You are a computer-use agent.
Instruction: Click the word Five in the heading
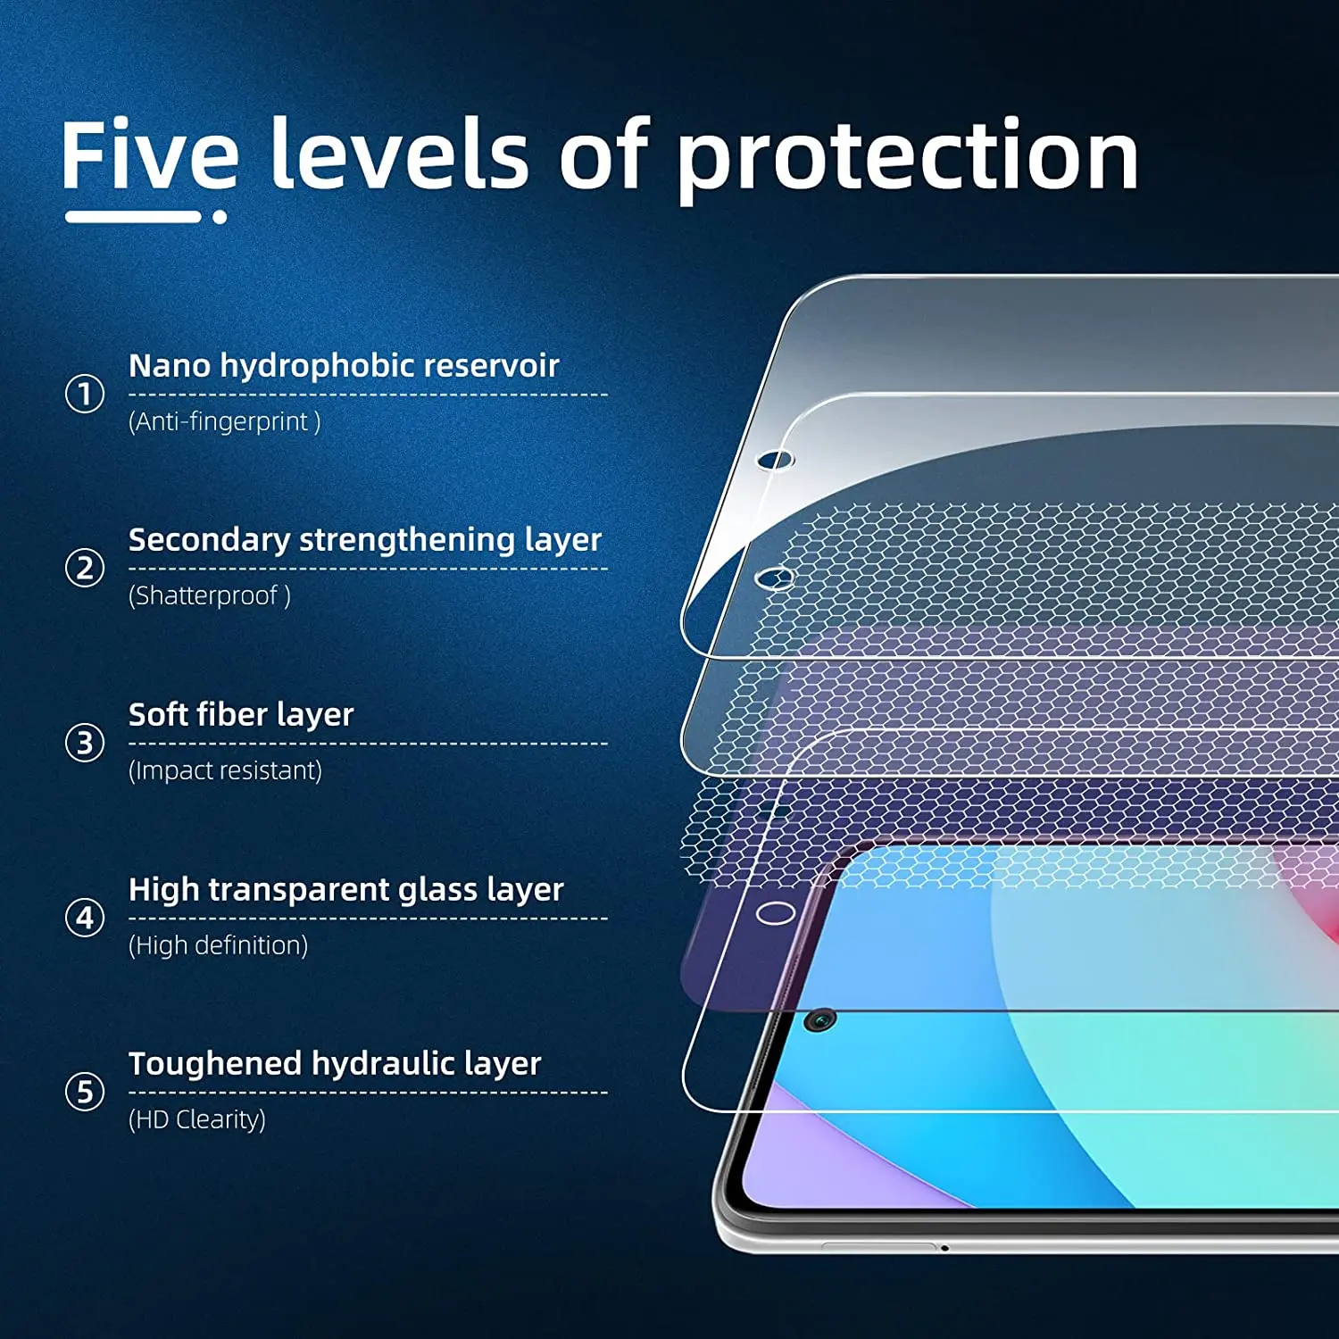(150, 154)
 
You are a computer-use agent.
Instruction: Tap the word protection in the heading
(908, 159)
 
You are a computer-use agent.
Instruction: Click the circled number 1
(85, 394)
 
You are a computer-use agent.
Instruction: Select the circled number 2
(85, 568)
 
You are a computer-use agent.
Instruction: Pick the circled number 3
(85, 743)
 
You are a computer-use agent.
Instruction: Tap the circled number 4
(85, 918)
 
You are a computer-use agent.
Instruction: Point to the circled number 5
(85, 1092)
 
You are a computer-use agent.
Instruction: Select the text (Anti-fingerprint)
(225, 421)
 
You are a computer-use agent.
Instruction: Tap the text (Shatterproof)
(210, 595)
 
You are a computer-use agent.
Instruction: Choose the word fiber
(232, 714)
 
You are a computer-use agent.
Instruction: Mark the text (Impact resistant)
(226, 770)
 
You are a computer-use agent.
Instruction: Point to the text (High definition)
(219, 945)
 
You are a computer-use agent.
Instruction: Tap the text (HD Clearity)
(197, 1119)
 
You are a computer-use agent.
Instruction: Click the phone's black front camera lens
(819, 1019)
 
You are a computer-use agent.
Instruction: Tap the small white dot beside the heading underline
(220, 216)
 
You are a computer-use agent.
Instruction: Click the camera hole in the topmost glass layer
(775, 460)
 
